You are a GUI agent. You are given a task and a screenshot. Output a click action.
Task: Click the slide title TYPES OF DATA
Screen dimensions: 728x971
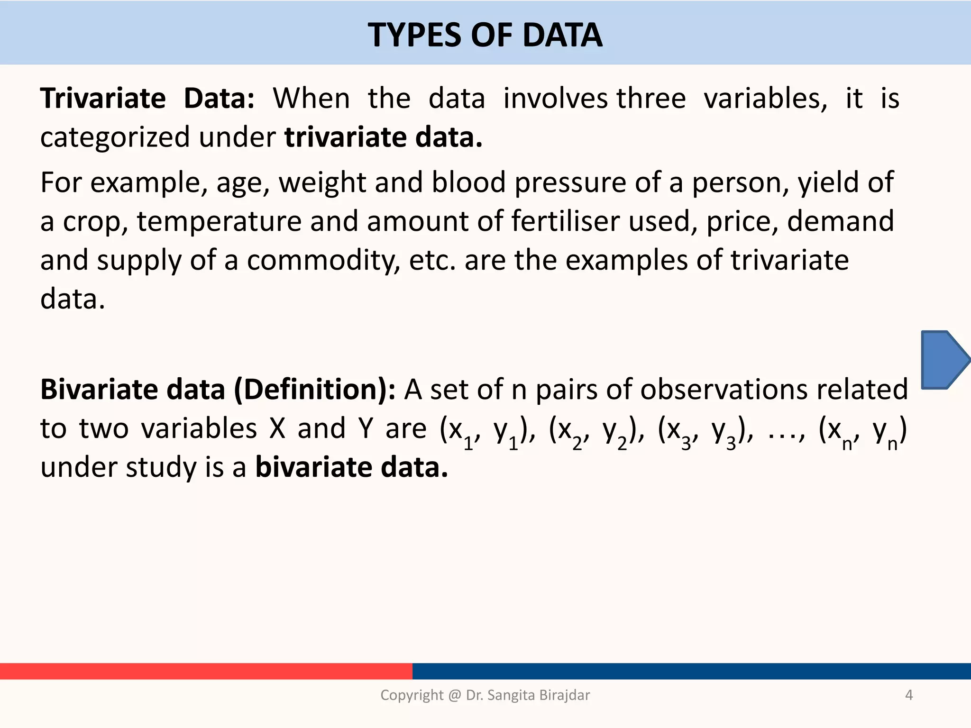click(485, 36)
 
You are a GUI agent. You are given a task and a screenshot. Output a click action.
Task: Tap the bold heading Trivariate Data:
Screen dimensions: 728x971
click(147, 99)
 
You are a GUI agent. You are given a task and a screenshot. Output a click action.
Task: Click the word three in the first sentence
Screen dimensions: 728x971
click(651, 99)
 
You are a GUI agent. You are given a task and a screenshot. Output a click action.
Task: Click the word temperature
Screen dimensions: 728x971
click(219, 221)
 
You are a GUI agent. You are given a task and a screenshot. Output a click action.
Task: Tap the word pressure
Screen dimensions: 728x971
click(570, 182)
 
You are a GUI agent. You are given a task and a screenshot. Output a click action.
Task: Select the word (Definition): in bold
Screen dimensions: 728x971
click(315, 390)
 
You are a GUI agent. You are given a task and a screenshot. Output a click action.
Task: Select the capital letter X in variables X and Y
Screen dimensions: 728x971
click(277, 429)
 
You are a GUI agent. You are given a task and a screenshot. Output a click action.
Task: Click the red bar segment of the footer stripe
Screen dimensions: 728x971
click(206, 671)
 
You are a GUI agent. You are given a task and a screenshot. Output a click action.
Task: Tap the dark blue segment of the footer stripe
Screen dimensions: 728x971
click(691, 671)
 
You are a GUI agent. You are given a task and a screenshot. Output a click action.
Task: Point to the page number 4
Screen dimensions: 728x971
click(908, 695)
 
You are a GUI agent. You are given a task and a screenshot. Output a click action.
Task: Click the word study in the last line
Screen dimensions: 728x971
click(161, 468)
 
